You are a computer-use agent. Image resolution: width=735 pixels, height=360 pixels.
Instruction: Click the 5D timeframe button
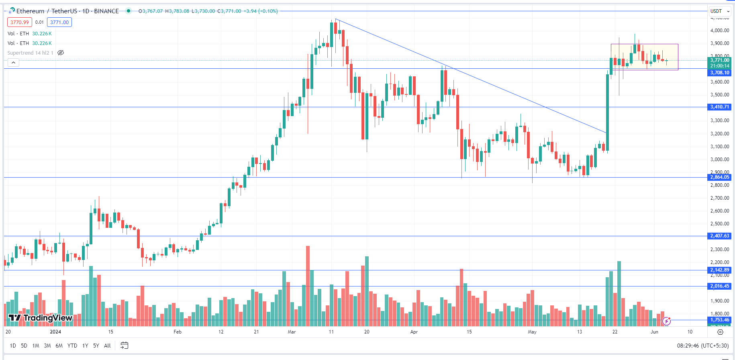(24, 346)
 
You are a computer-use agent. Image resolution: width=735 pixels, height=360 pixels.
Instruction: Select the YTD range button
(72, 346)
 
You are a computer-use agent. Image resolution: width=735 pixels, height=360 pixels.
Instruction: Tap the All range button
(107, 346)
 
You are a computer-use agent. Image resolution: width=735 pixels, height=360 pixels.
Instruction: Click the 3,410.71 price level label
(719, 107)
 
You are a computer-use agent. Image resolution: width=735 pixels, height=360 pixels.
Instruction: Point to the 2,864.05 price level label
(719, 177)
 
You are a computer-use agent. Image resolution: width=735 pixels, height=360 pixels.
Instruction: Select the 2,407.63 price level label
(719, 236)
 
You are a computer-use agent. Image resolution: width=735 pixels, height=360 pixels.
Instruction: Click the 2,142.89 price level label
(719, 270)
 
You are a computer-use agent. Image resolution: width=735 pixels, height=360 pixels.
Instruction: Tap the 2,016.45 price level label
(719, 286)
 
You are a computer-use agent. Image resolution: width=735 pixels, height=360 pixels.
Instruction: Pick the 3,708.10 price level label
(719, 73)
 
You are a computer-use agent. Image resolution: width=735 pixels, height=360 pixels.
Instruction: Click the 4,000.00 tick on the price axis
(719, 31)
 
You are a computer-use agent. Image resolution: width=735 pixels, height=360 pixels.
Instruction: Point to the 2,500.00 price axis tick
(719, 224)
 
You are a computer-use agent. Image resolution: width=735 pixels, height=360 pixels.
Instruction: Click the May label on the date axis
(532, 332)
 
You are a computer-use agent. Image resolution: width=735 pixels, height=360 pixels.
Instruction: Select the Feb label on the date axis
(178, 332)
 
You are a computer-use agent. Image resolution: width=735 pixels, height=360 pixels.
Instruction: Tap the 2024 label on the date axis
(55, 332)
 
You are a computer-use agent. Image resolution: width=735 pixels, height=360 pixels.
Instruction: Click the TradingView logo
(40, 318)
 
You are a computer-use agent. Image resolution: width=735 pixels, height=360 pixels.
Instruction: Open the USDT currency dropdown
(720, 11)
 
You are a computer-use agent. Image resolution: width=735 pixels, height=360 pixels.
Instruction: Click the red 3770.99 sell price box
(20, 22)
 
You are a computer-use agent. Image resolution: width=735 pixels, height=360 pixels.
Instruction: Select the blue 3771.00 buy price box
(59, 22)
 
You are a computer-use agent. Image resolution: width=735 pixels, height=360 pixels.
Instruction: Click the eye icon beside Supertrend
(61, 53)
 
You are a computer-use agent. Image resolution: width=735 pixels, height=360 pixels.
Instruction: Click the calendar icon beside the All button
(125, 346)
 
